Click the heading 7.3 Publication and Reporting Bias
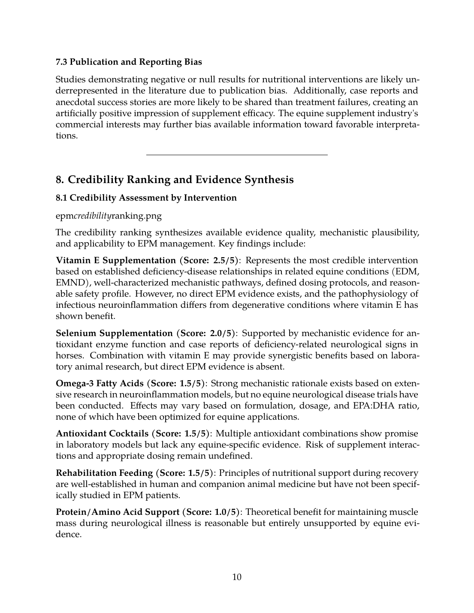[x=129, y=62]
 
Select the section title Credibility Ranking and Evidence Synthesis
[x=175, y=180]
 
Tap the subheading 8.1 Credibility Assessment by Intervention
[x=146, y=198]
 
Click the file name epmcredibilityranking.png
[x=109, y=216]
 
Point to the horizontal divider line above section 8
[x=237, y=154]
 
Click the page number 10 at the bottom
[x=237, y=577]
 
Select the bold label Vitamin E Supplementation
[x=116, y=260]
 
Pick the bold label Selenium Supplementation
[x=114, y=333]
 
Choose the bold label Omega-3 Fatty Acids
[x=100, y=383]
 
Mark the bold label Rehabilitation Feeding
[x=104, y=473]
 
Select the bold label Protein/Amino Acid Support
[x=118, y=512]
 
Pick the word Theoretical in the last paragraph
[x=269, y=512]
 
